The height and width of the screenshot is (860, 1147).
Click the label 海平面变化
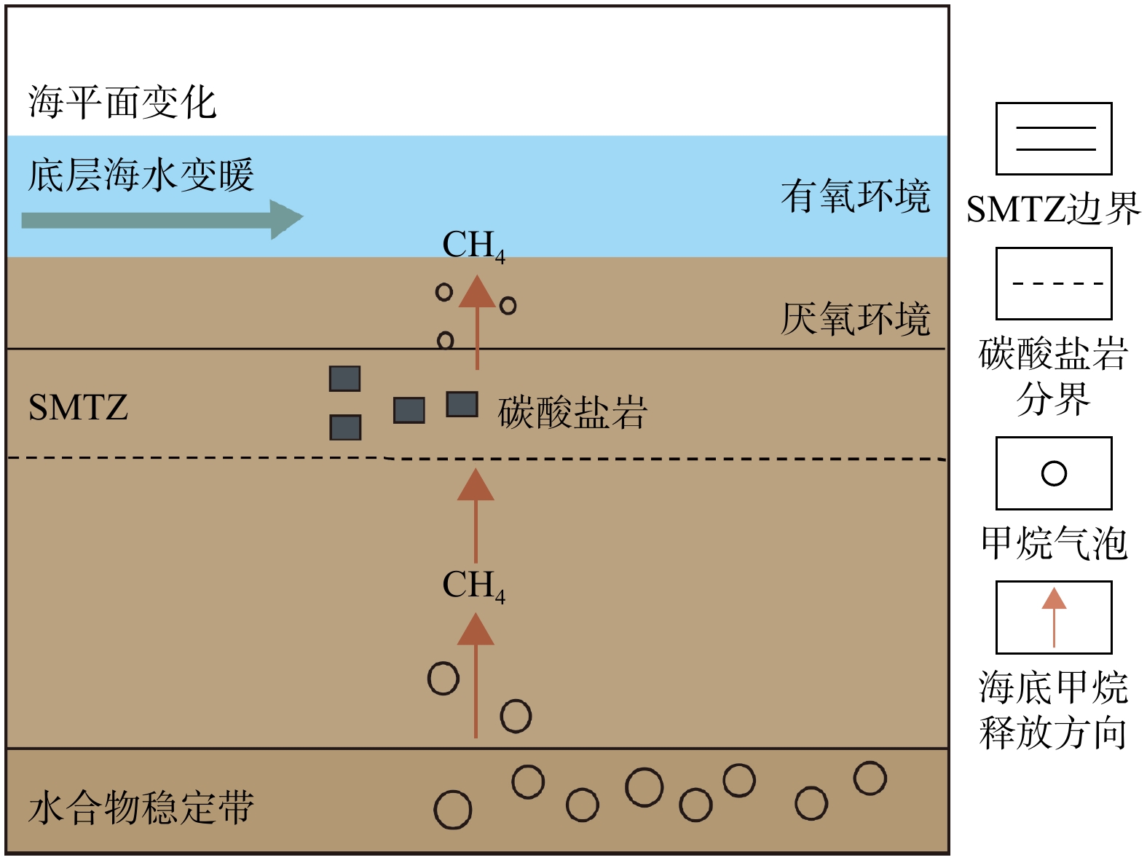[x=122, y=102]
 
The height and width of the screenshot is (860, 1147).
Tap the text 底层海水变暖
[x=141, y=175]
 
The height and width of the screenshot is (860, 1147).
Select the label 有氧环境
[x=856, y=197]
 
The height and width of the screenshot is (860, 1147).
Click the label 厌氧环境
[x=856, y=319]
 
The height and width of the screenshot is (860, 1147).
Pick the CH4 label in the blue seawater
[x=473, y=245]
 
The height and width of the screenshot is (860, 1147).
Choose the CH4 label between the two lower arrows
[x=473, y=585]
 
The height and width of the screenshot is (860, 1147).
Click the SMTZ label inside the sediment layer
[x=78, y=407]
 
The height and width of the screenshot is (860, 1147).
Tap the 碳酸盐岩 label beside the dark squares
[x=572, y=412]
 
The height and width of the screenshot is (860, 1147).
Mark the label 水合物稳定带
[x=141, y=808]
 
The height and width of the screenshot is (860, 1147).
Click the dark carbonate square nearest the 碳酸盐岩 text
[x=462, y=404]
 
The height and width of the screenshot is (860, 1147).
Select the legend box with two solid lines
[x=1054, y=138]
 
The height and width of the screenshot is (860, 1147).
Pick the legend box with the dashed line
[x=1054, y=283]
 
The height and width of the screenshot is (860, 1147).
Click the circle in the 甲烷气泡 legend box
[x=1054, y=473]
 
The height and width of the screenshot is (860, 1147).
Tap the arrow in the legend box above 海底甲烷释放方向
[x=1054, y=618]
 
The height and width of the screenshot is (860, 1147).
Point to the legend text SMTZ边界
[x=1053, y=210]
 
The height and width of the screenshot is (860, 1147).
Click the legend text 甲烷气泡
[x=1054, y=543]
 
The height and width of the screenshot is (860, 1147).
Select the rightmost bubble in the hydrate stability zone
[x=870, y=778]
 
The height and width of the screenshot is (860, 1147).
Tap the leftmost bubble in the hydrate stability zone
[x=452, y=810]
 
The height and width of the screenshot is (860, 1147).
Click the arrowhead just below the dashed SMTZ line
[x=476, y=485]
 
